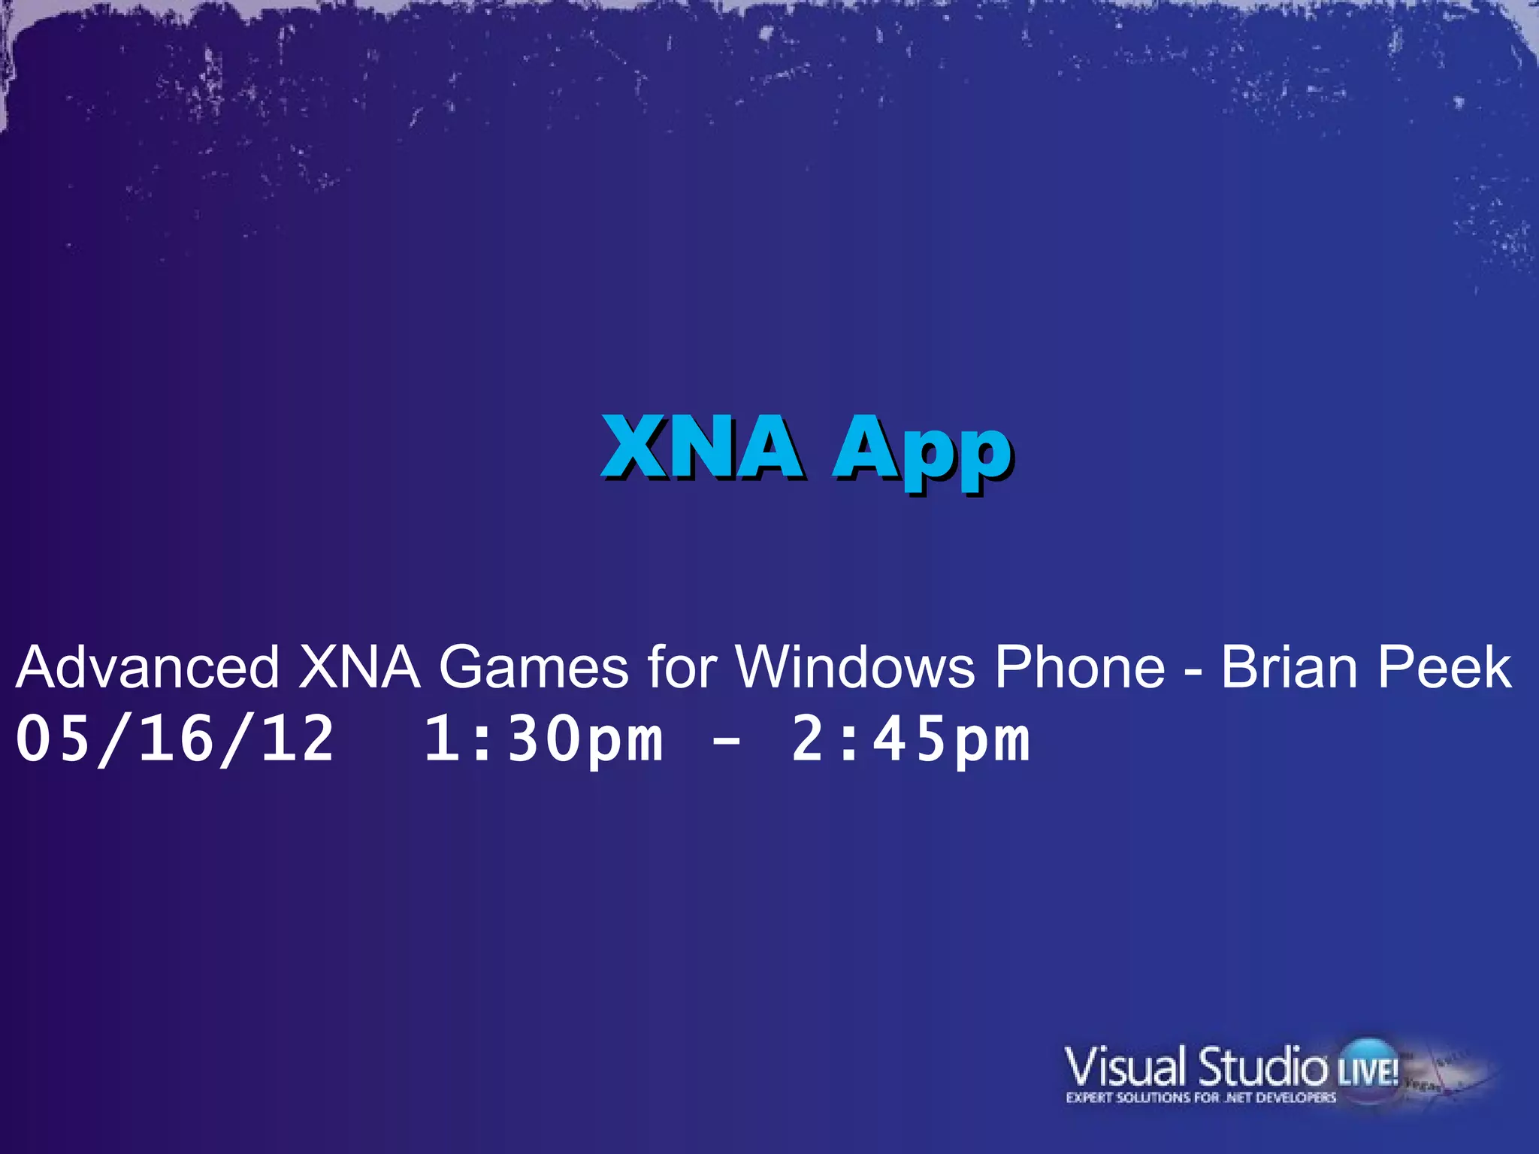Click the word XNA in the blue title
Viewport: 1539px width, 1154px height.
[702, 448]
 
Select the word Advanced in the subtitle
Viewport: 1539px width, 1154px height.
[147, 667]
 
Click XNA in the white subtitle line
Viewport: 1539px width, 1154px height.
[359, 667]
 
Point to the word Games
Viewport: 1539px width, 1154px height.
[534, 667]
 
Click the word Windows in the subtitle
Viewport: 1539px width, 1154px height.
[855, 667]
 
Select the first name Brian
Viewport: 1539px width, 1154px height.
[1290, 667]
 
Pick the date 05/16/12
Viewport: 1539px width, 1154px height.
[174, 739]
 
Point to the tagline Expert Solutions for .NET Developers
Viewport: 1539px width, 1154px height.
[1201, 1098]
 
